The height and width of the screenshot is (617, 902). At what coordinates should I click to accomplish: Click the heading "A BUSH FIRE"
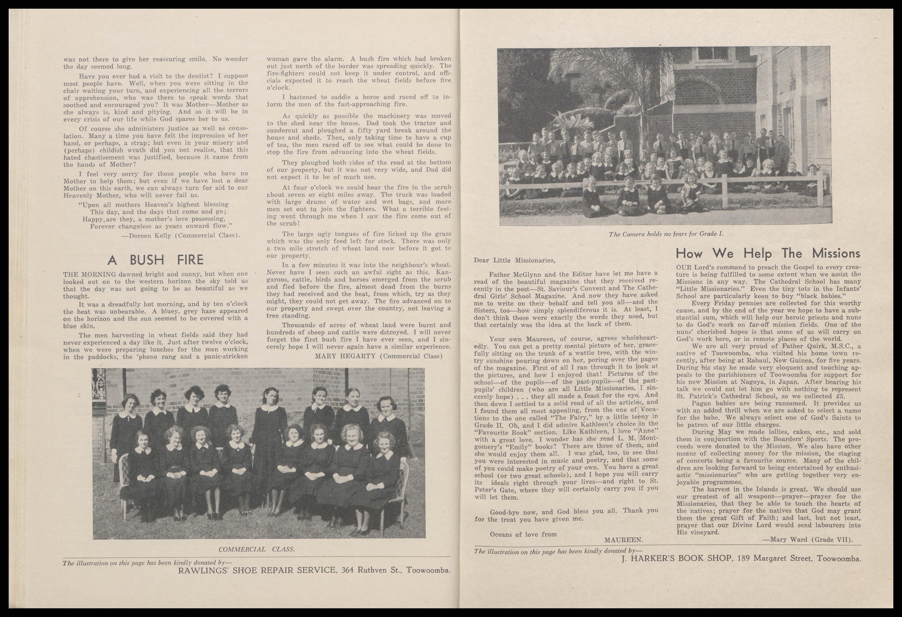(x=155, y=260)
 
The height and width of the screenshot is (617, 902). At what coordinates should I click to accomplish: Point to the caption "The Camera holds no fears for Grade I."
(x=666, y=234)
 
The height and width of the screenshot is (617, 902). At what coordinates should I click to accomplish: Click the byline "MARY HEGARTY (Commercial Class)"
(x=378, y=356)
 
